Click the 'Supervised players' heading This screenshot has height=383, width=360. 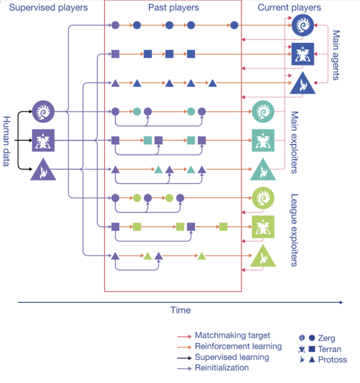(48, 7)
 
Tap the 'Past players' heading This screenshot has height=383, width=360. (173, 7)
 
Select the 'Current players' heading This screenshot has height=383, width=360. (289, 7)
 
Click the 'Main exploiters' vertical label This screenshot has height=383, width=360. (294, 142)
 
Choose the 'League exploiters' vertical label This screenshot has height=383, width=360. (294, 230)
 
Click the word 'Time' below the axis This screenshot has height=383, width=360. (181, 310)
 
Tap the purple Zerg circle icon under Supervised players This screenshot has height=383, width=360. (43, 111)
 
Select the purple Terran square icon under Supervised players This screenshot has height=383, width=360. (43, 140)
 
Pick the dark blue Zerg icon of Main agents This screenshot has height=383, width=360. (303, 25)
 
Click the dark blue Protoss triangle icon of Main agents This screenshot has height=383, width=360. (303, 84)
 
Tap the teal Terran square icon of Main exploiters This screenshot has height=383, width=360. (263, 140)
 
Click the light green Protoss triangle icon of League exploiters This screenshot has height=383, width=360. (263, 257)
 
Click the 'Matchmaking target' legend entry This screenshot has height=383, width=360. (232, 336)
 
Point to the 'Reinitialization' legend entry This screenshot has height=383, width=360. (222, 368)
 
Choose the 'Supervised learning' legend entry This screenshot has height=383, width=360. (232, 357)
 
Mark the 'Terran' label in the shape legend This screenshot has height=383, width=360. (330, 349)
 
